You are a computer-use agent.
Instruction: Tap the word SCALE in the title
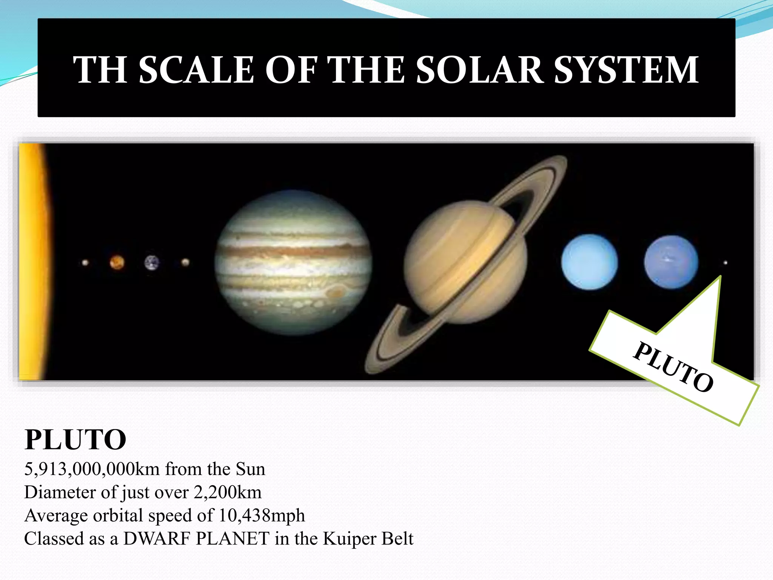click(196, 70)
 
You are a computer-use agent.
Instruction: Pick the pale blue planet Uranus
click(589, 262)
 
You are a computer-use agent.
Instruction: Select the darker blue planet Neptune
click(671, 262)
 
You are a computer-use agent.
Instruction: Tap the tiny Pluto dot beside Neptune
click(725, 262)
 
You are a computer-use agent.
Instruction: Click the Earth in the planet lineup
click(152, 263)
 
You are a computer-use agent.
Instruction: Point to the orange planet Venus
click(117, 262)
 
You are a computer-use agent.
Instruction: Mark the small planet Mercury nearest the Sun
click(85, 262)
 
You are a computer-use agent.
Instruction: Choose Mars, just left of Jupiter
click(185, 262)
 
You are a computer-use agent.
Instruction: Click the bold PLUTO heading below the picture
click(75, 440)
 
